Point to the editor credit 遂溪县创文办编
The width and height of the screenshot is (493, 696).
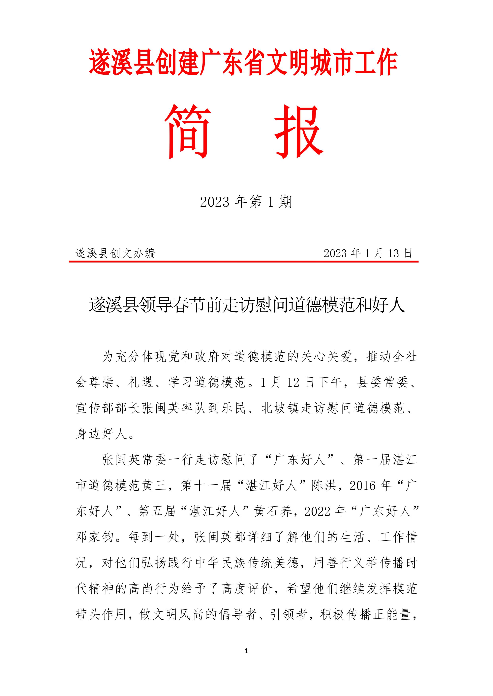[115, 253]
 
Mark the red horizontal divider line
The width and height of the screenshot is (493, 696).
[243, 261]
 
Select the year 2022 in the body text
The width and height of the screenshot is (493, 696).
[317, 511]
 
